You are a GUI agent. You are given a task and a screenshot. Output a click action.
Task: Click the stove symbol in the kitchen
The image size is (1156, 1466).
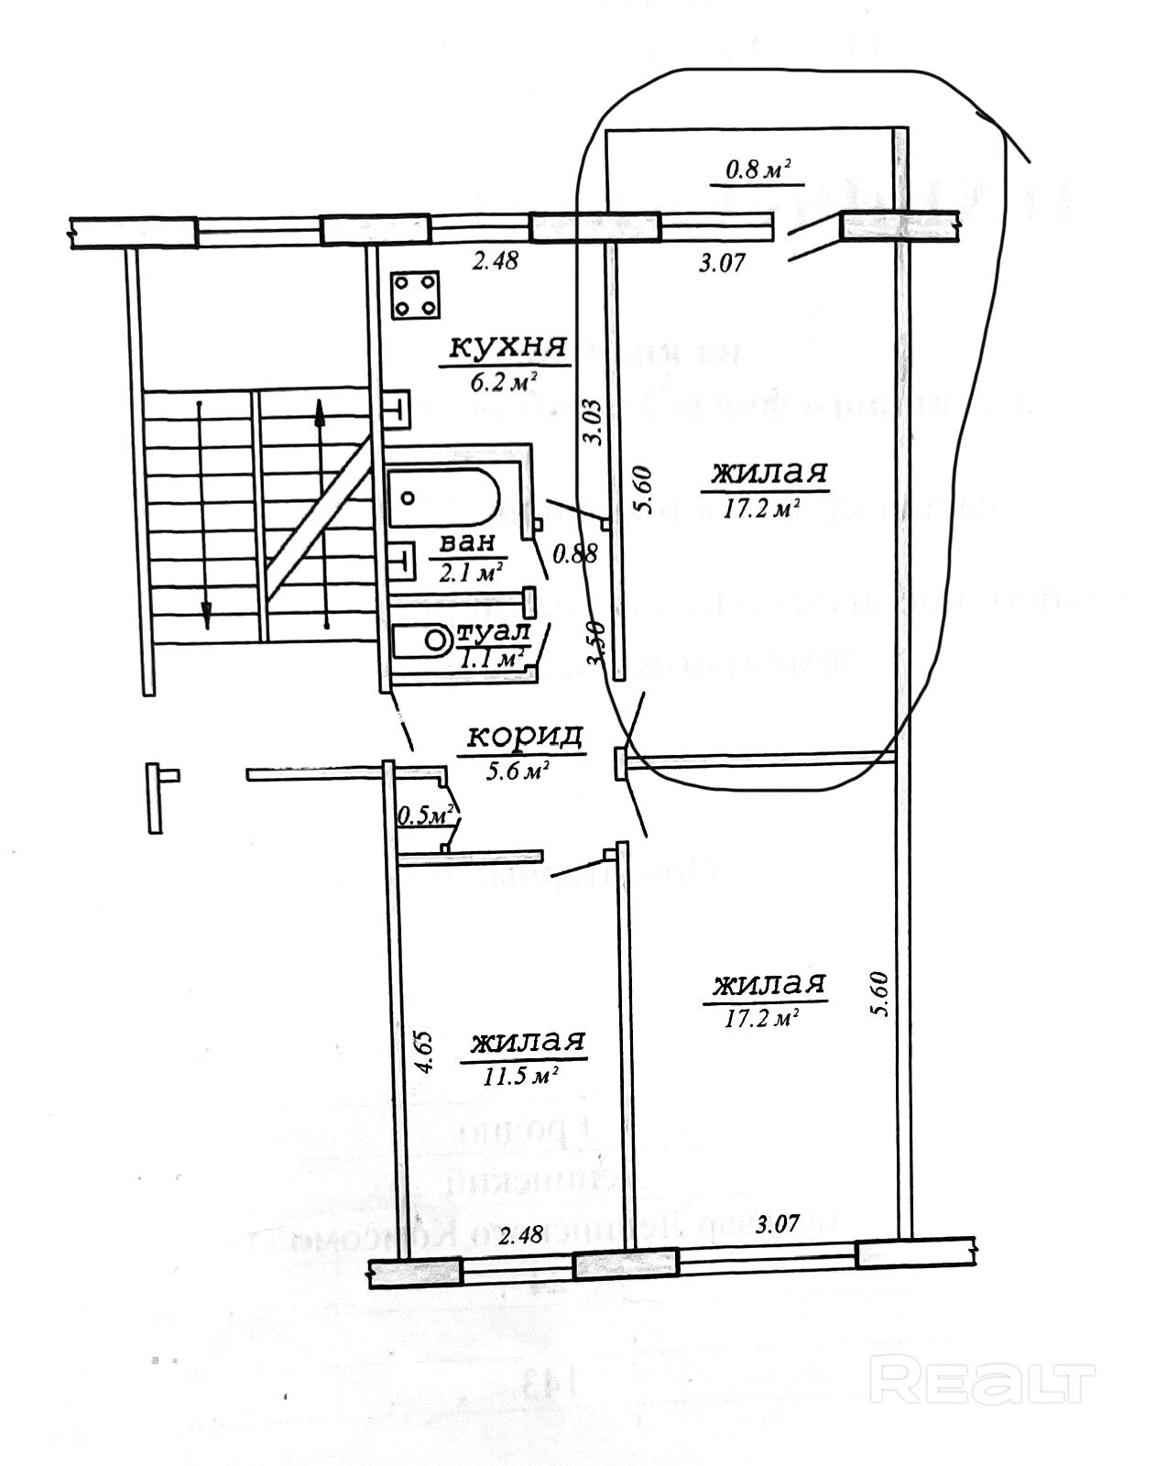pyautogui.click(x=414, y=296)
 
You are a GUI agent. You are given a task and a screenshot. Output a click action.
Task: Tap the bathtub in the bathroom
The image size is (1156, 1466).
pyautogui.click(x=443, y=498)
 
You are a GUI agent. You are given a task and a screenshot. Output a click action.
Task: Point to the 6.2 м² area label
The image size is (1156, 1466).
pyautogui.click(x=503, y=381)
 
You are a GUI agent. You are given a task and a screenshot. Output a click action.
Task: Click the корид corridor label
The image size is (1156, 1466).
pyautogui.click(x=525, y=737)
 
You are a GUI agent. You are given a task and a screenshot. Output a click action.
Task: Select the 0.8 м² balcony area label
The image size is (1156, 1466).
pyautogui.click(x=758, y=170)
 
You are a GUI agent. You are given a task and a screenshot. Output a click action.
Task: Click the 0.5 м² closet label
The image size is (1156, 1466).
pyautogui.click(x=427, y=814)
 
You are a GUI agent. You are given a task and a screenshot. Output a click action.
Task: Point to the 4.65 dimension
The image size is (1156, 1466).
pyautogui.click(x=421, y=1053)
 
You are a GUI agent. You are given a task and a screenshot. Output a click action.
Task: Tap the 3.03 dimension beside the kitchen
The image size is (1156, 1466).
pyautogui.click(x=593, y=422)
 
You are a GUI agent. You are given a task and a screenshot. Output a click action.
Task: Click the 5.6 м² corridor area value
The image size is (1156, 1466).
pyautogui.click(x=522, y=771)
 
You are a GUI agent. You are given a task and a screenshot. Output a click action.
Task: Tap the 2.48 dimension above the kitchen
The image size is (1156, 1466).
pyautogui.click(x=495, y=261)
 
